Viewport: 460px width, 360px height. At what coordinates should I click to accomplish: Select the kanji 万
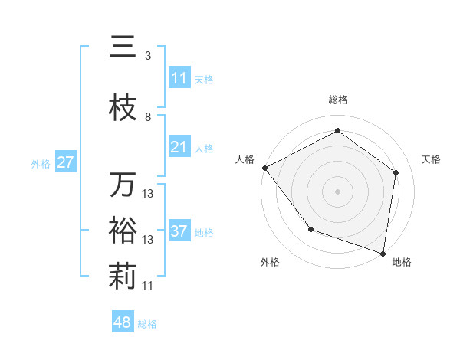point(123,185)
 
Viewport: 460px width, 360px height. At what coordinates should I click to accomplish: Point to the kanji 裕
point(123,231)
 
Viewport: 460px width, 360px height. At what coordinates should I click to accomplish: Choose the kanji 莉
point(123,277)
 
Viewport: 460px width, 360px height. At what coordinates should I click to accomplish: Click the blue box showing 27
point(65,162)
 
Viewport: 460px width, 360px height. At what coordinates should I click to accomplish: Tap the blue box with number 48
point(123,322)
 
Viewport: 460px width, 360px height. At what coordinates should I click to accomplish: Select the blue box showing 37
point(179,231)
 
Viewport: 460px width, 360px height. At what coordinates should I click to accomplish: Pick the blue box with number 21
point(179,147)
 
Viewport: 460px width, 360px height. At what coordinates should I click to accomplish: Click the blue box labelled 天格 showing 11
point(179,78)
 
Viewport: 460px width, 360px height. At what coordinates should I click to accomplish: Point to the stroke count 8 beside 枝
point(148,117)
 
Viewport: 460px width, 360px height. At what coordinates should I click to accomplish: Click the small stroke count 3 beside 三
point(148,56)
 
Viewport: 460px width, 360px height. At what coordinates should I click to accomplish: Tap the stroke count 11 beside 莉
point(148,286)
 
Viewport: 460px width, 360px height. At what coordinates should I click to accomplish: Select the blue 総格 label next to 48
point(147,324)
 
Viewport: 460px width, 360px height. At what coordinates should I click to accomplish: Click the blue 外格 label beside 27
point(41,163)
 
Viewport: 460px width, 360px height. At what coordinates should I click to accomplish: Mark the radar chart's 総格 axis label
point(337,100)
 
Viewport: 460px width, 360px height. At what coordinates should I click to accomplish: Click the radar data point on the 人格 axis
point(264,168)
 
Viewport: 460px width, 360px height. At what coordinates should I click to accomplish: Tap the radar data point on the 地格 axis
point(383,253)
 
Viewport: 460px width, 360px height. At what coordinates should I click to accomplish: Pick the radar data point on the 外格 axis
point(310,228)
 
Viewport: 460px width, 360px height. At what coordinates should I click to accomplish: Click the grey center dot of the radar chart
point(337,191)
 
